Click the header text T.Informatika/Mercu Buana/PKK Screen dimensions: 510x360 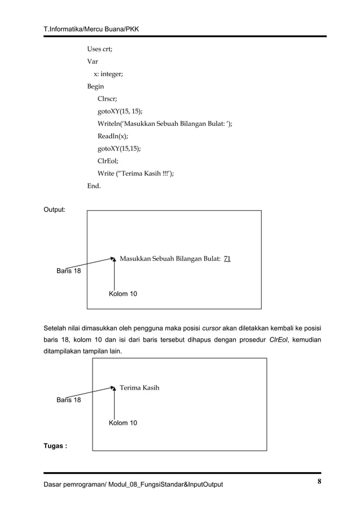tap(93, 28)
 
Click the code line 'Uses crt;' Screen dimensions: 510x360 tap(99, 49)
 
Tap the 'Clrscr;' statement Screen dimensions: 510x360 tap(108, 99)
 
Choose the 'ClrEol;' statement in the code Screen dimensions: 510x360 tap(108, 161)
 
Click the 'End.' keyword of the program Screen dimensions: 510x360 tap(94, 185)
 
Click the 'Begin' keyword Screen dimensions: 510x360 tap(95, 86)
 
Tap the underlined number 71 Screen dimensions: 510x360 tap(227, 259)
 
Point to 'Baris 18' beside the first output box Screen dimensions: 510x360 tap(68, 271)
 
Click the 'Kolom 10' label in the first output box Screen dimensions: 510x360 tap(122, 294)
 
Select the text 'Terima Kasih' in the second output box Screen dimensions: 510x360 tap(139, 387)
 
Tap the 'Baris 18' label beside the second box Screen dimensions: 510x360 tap(68, 400)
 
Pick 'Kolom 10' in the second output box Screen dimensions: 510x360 tap(122, 423)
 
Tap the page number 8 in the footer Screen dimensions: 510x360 tap(319, 482)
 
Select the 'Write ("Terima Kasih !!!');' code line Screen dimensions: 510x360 tap(135, 173)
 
